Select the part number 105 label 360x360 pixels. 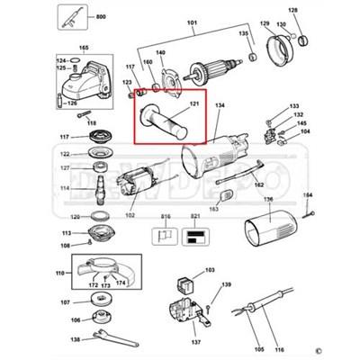(260, 348)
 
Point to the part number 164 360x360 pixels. (307, 195)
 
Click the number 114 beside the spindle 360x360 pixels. (64, 188)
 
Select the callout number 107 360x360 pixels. (64, 301)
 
